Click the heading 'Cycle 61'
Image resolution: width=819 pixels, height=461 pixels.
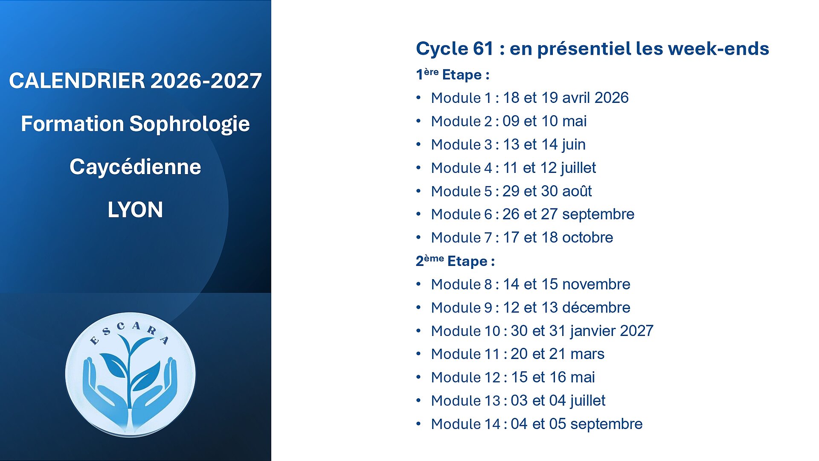[455, 49]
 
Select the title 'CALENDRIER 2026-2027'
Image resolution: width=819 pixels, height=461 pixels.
[135, 81]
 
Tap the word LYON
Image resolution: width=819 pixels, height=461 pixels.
[135, 210]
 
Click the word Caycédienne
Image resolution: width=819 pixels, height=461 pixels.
[135, 166]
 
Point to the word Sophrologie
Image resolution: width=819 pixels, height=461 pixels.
[189, 124]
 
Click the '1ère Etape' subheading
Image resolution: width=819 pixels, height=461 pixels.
[453, 75]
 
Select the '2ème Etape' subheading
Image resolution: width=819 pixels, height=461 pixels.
[455, 261]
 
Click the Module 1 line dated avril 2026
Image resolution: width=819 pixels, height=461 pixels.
[530, 98]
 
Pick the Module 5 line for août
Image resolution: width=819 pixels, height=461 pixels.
[511, 191]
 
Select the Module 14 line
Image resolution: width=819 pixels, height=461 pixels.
[537, 424]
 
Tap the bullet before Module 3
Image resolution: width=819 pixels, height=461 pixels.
[418, 144]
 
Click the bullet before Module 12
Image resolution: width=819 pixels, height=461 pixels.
[418, 377]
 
